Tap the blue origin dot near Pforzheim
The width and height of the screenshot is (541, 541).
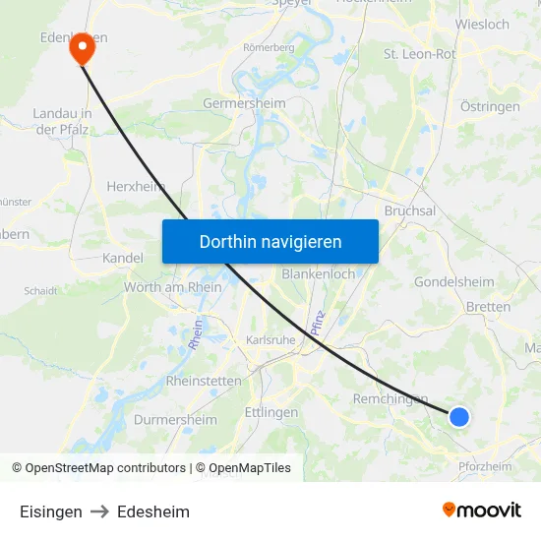(x=459, y=417)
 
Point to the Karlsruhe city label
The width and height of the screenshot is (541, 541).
(x=270, y=340)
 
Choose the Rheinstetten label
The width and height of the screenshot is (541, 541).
(x=204, y=381)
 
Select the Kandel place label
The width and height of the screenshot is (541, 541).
(x=123, y=258)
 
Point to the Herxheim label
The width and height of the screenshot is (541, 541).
(x=135, y=186)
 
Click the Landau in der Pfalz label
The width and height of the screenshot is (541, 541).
(x=63, y=121)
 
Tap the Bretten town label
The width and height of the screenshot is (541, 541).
(x=488, y=307)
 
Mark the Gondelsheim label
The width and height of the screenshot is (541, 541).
(x=454, y=281)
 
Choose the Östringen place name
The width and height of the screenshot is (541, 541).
(x=490, y=105)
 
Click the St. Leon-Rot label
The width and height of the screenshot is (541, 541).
(x=420, y=54)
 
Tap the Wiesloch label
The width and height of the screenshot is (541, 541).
(x=483, y=24)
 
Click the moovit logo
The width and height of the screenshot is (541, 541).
(x=482, y=511)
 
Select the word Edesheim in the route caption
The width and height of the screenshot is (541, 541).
(x=153, y=511)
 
